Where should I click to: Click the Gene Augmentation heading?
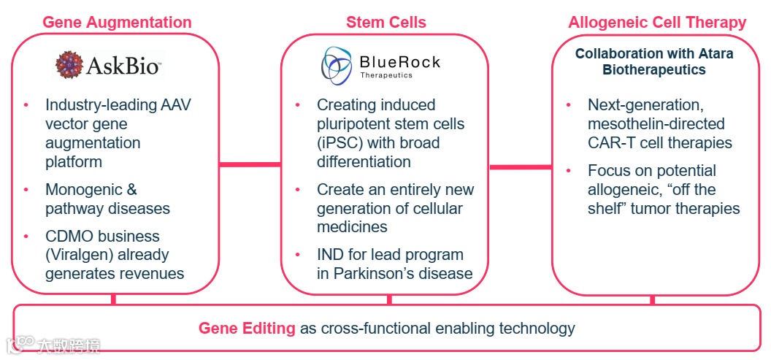(117, 22)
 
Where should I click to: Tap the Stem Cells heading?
(385, 22)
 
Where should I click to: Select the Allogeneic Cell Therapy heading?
(657, 22)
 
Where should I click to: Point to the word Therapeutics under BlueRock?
(386, 75)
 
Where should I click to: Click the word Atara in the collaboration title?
(712, 53)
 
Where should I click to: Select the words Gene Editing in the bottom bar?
(247, 328)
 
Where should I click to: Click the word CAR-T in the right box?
(611, 143)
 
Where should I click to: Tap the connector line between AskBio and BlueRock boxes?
(250, 164)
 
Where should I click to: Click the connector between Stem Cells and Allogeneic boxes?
(520, 167)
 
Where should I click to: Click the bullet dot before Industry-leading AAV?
(27, 105)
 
